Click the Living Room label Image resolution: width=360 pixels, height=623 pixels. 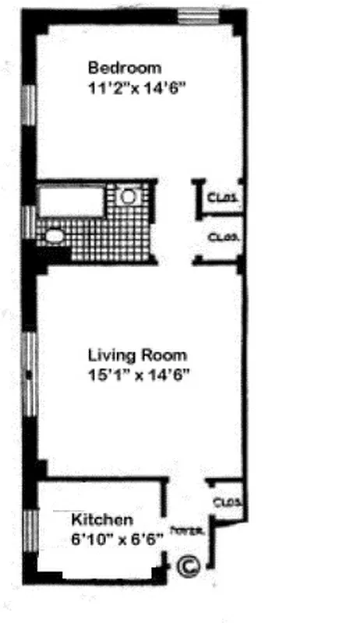137,356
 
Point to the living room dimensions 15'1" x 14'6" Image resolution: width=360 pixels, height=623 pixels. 139,375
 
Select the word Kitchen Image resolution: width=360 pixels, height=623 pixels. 102,519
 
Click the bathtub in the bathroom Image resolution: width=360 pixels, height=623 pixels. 72,200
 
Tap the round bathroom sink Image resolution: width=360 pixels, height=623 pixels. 129,196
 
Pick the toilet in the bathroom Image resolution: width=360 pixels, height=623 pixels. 55,235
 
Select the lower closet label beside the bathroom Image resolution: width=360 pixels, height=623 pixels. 223,236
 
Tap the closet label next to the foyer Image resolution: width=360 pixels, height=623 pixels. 228,502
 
